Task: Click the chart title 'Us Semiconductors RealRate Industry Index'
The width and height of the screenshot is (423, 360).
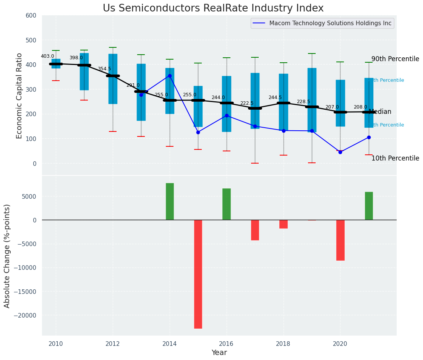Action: coord(213,8)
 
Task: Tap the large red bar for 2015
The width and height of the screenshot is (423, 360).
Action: coord(198,274)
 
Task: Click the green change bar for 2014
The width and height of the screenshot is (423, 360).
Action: coord(170,201)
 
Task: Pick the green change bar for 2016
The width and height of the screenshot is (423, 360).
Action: coord(227,204)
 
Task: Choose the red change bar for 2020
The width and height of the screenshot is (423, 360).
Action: coord(340,240)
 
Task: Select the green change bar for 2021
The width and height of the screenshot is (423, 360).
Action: coord(369,206)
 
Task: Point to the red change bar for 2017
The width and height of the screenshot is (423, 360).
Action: coord(255,230)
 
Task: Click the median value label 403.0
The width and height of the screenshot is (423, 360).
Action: coord(47,56)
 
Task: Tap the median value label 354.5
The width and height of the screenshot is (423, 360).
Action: coord(104,69)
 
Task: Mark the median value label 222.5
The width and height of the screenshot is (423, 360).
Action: coord(247,103)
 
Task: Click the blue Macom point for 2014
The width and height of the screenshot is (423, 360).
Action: coord(170,76)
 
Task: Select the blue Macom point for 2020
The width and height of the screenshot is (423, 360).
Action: coord(340,152)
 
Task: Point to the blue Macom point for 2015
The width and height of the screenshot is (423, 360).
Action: coord(198,132)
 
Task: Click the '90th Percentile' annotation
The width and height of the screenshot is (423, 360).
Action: coord(395,59)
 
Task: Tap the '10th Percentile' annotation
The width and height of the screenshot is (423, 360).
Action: coord(395,158)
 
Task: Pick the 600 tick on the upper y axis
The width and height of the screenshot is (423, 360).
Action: coord(31,15)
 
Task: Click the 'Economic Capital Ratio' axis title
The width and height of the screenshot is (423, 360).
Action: coord(19,95)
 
